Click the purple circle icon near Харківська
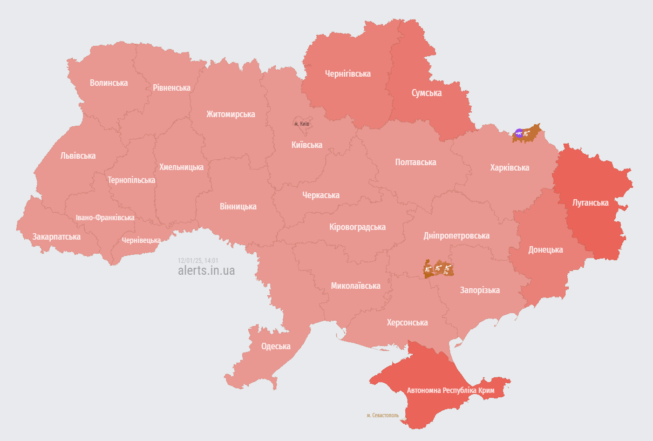(x=519, y=133)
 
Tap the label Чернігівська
(x=348, y=73)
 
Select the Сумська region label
(x=426, y=93)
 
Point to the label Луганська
(x=590, y=203)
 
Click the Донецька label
(x=546, y=249)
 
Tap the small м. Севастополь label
(x=383, y=416)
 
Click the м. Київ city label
(x=302, y=124)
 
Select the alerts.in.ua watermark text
(x=206, y=270)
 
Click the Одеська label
(x=275, y=347)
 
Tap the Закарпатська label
(x=57, y=236)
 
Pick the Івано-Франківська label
(x=105, y=218)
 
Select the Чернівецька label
(x=141, y=240)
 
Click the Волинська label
(x=109, y=83)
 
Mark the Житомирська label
(x=230, y=114)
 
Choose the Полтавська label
(x=416, y=162)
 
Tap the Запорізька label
(x=480, y=290)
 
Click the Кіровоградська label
(x=357, y=227)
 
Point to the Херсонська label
(x=407, y=322)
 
